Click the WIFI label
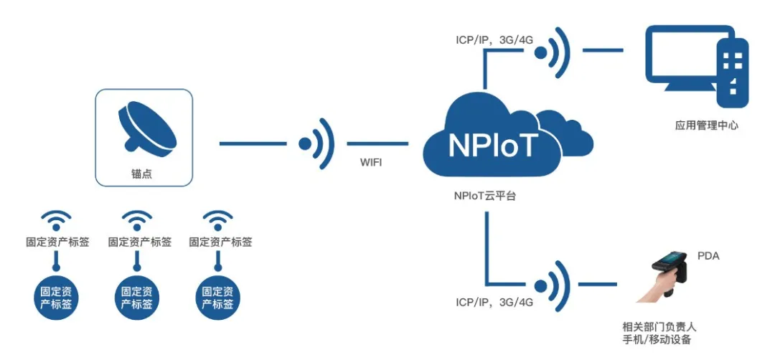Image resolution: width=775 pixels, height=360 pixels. [x=371, y=163]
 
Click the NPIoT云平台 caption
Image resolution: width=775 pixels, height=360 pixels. [x=485, y=194]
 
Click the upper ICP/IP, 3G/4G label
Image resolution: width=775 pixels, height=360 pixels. [x=494, y=39]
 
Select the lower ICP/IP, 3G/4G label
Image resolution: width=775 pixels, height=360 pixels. [x=494, y=302]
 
